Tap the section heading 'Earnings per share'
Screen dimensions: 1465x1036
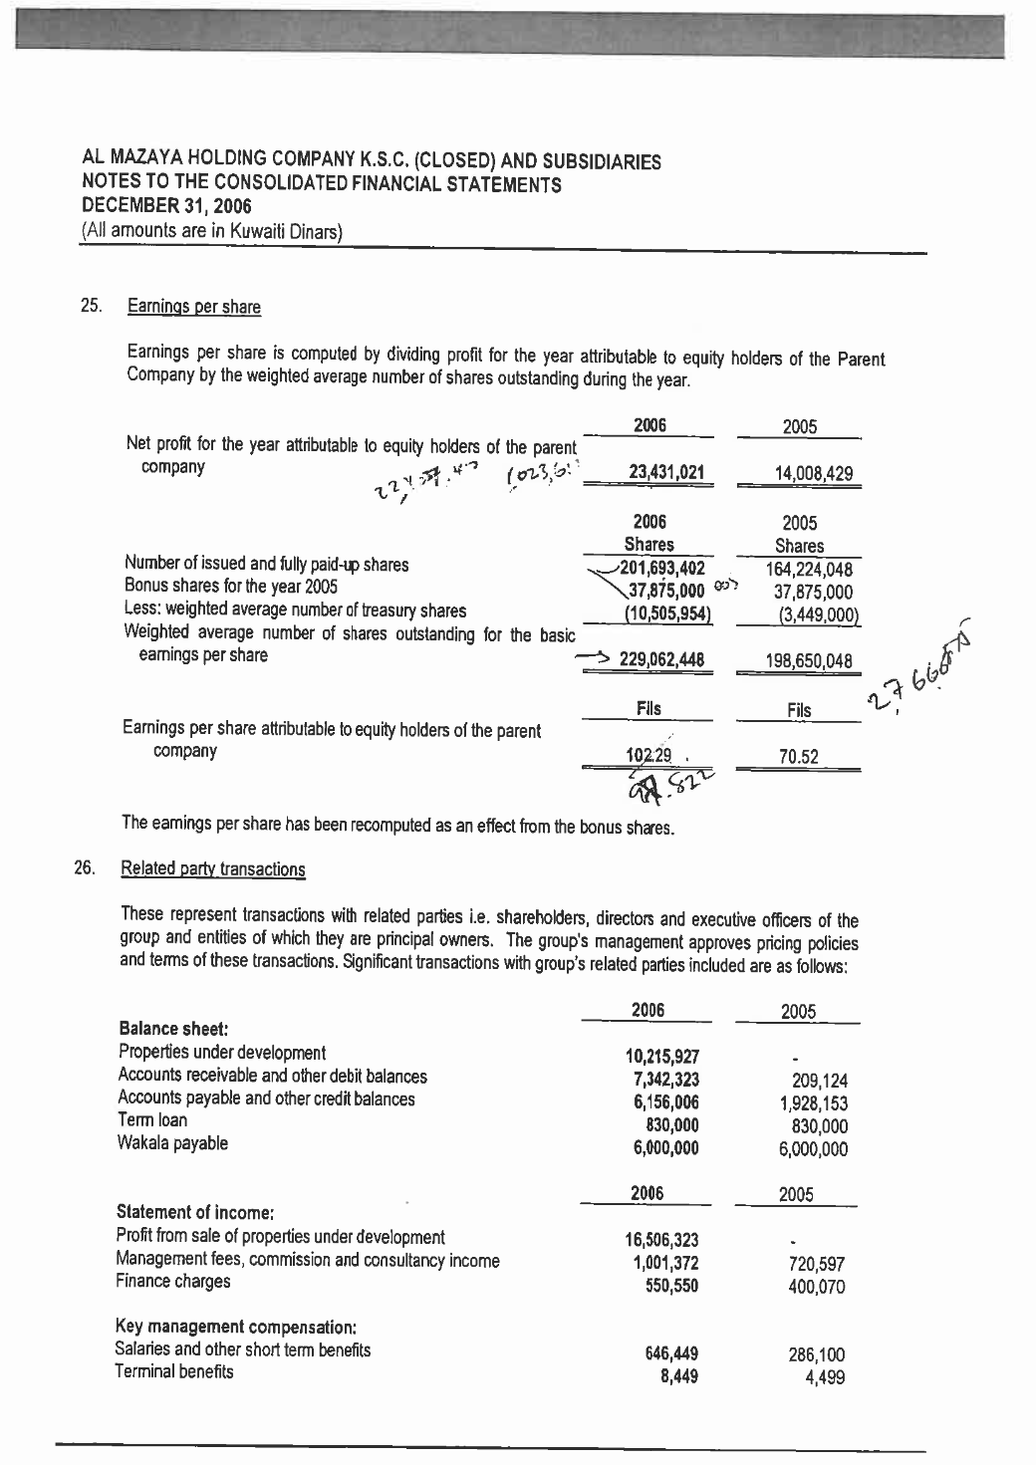coord(194,307)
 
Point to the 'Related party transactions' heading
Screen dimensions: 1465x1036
coord(212,868)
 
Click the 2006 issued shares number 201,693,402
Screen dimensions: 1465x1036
coord(661,569)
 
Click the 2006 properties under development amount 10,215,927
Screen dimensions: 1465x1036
coord(662,1056)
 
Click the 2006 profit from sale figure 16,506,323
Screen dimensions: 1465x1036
coord(662,1240)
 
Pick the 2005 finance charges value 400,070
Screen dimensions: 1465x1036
coord(815,1287)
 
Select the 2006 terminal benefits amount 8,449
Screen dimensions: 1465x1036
coord(679,1377)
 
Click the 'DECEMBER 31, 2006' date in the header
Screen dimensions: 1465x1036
coord(167,206)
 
